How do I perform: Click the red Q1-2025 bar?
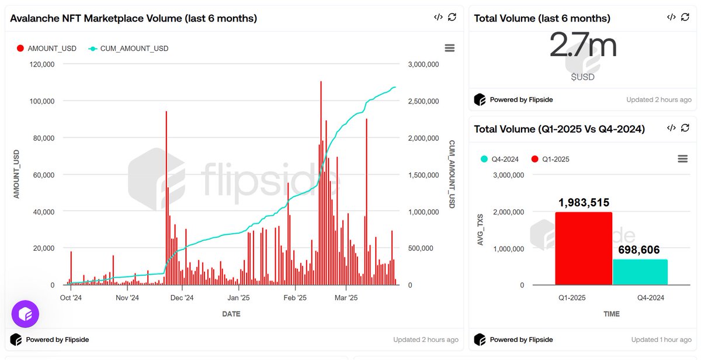(x=583, y=248)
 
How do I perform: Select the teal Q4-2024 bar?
(x=640, y=272)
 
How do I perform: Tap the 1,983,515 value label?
(x=583, y=203)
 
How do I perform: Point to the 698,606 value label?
(x=640, y=250)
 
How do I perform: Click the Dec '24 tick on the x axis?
(x=182, y=297)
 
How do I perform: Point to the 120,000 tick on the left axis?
(x=42, y=64)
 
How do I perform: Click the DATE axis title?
(x=231, y=314)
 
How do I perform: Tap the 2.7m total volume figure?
(x=582, y=46)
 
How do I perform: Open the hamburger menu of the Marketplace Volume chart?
(x=449, y=48)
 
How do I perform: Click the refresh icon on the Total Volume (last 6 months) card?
(x=685, y=18)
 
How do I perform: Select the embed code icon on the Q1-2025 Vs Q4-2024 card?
(x=671, y=128)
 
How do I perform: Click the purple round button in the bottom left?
(x=25, y=314)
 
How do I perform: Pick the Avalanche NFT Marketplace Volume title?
(x=133, y=18)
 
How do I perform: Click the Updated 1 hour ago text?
(x=661, y=340)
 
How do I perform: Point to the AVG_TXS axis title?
(x=481, y=230)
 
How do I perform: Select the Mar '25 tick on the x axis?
(x=346, y=297)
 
